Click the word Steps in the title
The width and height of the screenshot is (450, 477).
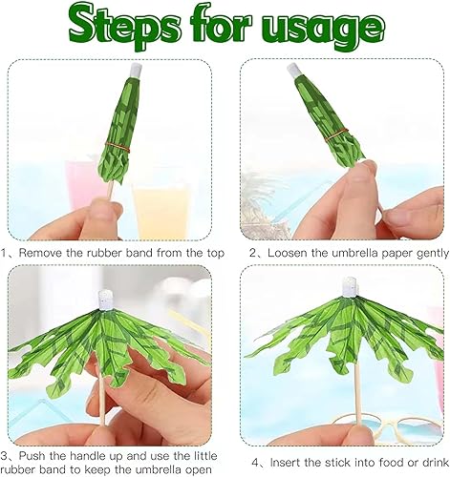124,27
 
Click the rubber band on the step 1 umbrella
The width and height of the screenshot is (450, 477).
118,146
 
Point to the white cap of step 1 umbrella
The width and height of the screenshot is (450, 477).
136,70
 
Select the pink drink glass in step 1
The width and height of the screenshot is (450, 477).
85,184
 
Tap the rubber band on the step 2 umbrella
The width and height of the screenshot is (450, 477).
336,135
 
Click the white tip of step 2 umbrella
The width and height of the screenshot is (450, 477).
293,71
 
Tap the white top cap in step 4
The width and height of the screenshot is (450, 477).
350,286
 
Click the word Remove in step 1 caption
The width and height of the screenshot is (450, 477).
41,253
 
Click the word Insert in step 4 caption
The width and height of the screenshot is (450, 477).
286,463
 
